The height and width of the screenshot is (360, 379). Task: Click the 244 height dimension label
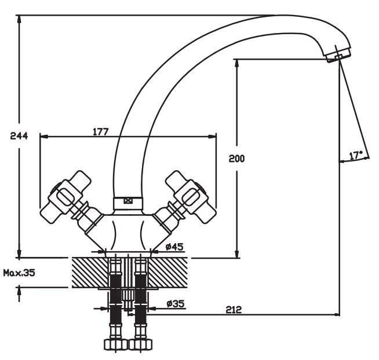tap(19, 136)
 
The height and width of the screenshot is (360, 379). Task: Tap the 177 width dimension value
tap(101, 132)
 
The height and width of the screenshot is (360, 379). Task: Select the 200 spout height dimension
tap(236, 159)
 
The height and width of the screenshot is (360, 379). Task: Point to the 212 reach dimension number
tap(234, 309)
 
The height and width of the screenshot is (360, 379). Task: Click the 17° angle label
tap(356, 155)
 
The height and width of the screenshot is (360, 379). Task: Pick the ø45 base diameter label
tap(174, 247)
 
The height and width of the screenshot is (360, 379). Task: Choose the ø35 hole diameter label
tap(176, 303)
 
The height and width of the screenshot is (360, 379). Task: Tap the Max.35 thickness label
tap(19, 273)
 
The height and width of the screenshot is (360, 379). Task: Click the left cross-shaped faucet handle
tap(65, 197)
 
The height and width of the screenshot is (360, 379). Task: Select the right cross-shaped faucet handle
tap(191, 197)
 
